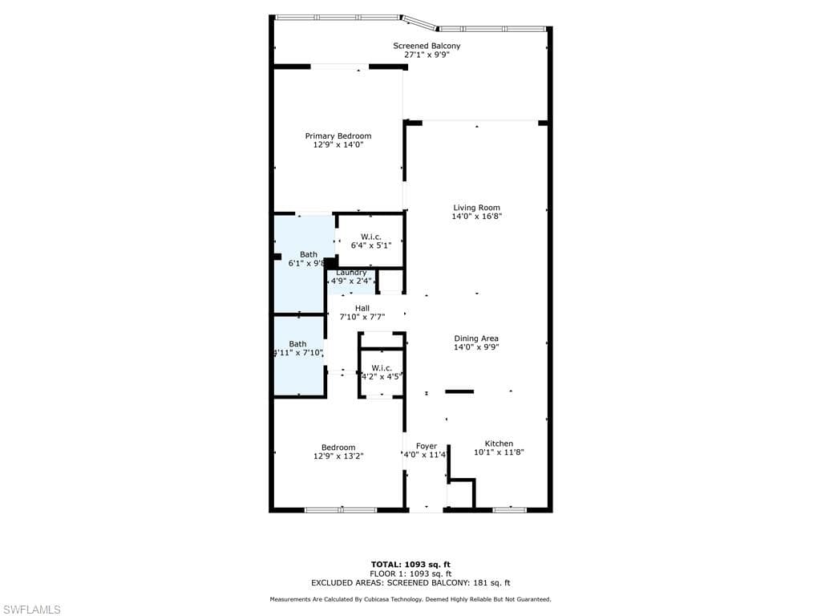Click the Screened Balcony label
point(427,46)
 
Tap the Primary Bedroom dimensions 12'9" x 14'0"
point(338,145)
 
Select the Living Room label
point(476,208)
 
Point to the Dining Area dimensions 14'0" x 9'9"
point(476,348)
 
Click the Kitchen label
point(498,443)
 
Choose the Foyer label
point(427,446)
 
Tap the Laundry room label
point(351,273)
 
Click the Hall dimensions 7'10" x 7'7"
point(362,317)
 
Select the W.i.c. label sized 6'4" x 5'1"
point(370,237)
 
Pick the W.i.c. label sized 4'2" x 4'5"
point(381,367)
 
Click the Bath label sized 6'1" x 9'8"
point(309,254)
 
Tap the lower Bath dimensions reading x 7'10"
point(297,353)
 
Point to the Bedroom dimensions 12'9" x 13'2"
point(338,456)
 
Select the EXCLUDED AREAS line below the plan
point(410,583)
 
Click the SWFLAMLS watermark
point(31,610)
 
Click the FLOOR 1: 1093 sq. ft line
point(410,573)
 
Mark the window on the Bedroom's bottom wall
point(341,509)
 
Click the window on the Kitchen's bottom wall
point(509,509)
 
